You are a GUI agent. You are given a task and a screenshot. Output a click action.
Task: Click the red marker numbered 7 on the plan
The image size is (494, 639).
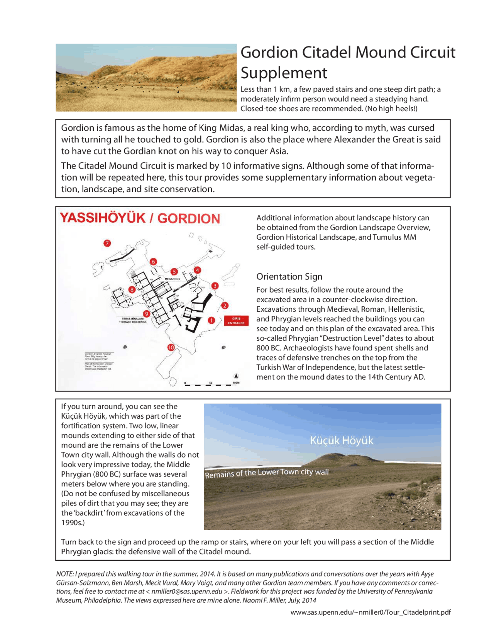point(107,243)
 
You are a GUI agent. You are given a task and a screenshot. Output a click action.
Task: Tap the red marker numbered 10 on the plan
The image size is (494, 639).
point(171,347)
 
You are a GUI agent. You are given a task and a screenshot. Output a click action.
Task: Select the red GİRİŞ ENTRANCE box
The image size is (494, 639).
point(236,321)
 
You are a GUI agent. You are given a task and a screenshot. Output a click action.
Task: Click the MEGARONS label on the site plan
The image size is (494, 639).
point(173,279)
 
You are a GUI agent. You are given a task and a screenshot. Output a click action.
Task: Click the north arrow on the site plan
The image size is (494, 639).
point(236,376)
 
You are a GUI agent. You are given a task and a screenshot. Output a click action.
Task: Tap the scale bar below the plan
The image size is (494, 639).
point(208,384)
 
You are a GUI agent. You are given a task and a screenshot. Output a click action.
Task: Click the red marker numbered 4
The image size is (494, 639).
point(198,270)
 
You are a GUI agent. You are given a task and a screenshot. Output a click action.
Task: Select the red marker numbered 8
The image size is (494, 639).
point(132,289)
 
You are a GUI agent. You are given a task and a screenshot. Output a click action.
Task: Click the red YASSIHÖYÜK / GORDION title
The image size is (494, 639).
point(140,218)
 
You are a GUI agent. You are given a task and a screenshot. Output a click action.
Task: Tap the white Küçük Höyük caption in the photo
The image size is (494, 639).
point(342,441)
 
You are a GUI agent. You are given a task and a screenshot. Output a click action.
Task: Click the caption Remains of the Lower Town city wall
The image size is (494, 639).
point(267,473)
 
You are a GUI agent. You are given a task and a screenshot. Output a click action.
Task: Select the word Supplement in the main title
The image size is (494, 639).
point(284,73)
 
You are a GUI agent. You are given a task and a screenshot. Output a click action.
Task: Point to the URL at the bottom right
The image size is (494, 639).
point(370,612)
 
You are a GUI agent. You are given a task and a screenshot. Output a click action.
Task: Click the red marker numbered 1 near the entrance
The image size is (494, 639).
point(211,320)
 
